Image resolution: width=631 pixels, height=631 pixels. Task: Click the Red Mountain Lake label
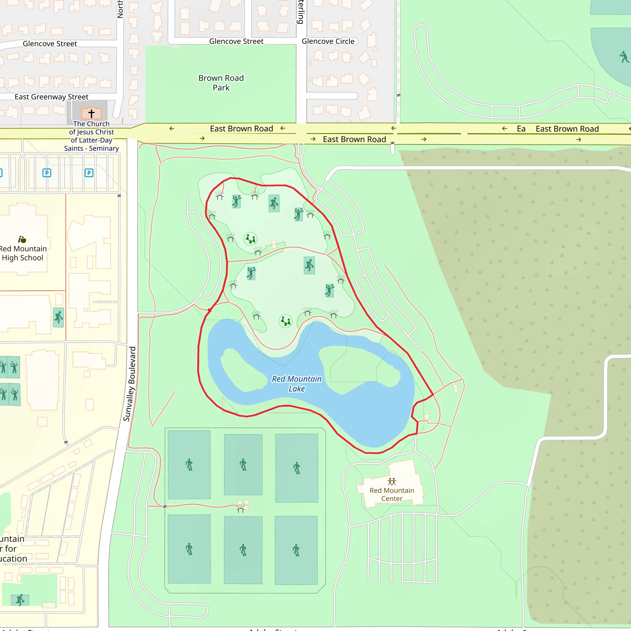(297, 384)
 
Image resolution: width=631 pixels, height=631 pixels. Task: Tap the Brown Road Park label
(221, 83)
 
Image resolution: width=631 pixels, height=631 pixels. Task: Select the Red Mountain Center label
(392, 495)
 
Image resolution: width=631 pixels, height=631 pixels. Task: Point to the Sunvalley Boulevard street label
(130, 384)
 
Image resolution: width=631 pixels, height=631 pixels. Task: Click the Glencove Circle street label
(328, 42)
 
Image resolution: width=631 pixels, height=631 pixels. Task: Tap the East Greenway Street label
(51, 97)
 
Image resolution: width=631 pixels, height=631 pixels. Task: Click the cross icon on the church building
(92, 113)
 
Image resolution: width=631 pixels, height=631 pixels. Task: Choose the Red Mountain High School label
(23, 253)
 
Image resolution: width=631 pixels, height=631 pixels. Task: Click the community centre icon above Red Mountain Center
(392, 482)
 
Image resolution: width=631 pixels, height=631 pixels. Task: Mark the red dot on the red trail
(209, 310)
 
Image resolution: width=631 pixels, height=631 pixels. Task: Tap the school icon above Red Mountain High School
(22, 239)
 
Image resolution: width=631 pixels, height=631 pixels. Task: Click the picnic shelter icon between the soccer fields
(241, 509)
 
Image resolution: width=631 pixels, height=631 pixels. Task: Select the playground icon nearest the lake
(285, 321)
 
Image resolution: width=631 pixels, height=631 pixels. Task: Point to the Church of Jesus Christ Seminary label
(92, 136)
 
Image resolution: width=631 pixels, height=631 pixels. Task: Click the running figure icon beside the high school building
(59, 317)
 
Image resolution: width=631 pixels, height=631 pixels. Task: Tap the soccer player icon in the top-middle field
(243, 464)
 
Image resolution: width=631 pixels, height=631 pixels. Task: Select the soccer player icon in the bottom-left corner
(20, 600)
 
